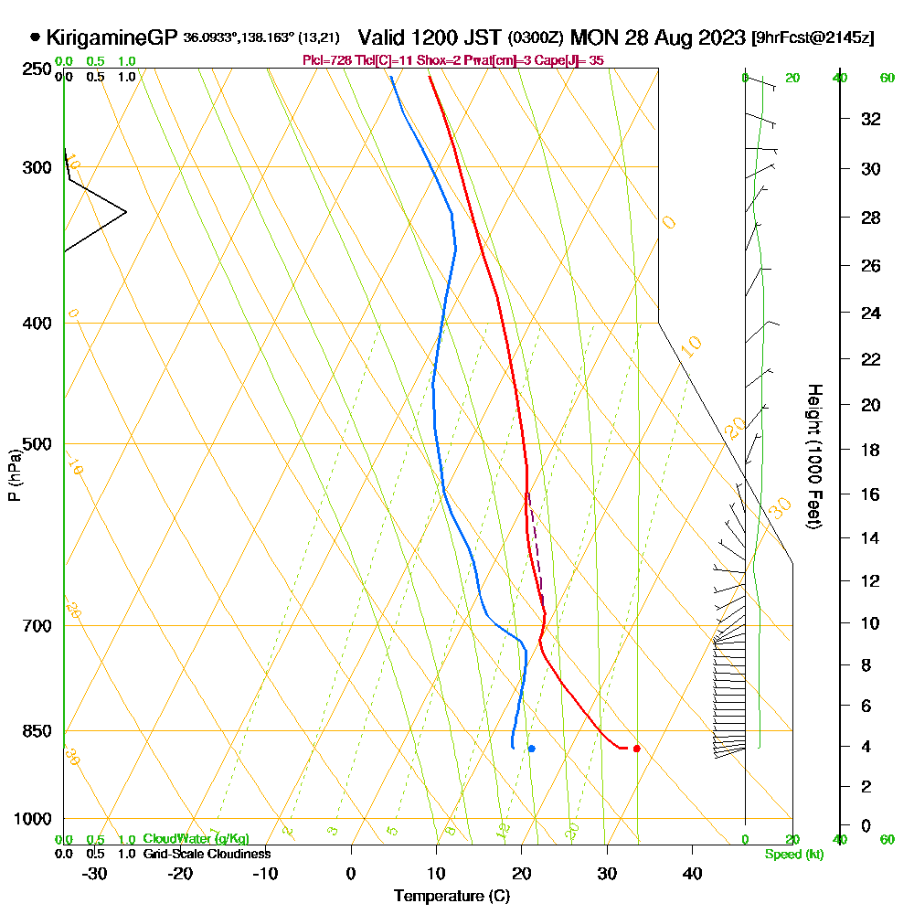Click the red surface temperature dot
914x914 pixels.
(x=636, y=749)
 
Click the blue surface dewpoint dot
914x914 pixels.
(x=531, y=749)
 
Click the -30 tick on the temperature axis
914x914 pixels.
(x=95, y=874)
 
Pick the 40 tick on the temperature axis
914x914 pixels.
(x=692, y=874)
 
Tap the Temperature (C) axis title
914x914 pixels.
(x=452, y=897)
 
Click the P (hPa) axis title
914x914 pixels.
(x=15, y=475)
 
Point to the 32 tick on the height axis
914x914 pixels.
(x=870, y=119)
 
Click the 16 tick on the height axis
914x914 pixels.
(x=870, y=494)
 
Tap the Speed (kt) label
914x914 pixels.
(x=791, y=854)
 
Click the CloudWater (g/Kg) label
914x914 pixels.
(x=196, y=839)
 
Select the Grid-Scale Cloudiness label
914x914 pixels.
(x=206, y=854)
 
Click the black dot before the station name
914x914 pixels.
(x=35, y=37)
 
